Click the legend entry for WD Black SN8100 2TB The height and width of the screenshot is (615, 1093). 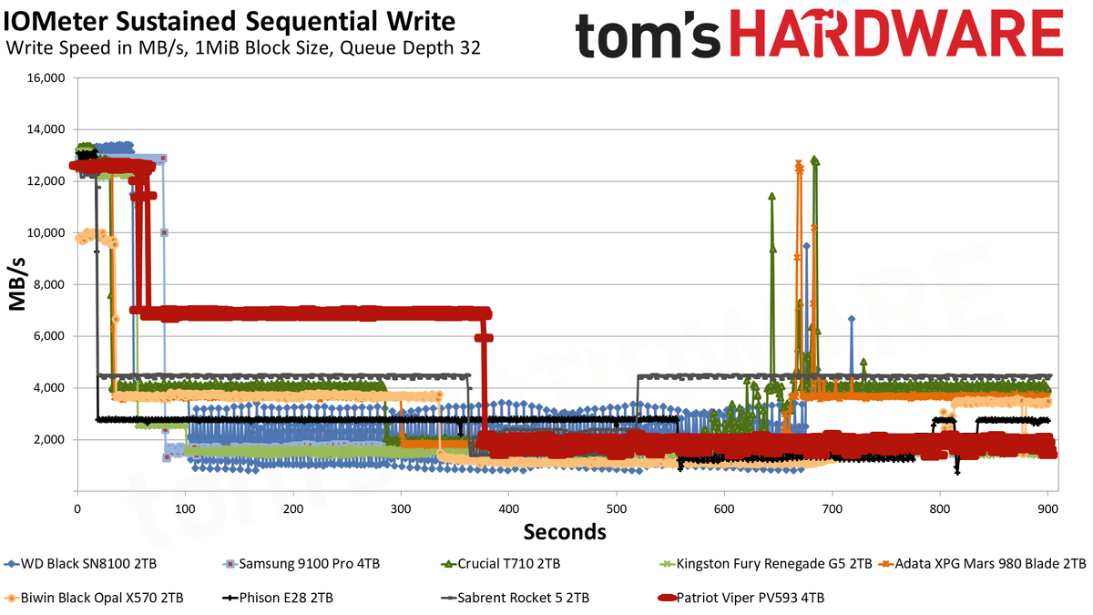pyautogui.click(x=80, y=564)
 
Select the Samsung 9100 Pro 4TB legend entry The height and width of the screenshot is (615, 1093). pyautogui.click(x=301, y=564)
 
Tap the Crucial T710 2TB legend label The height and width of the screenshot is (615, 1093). pyautogui.click(x=500, y=564)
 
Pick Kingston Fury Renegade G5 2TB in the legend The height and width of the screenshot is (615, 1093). pyautogui.click(x=765, y=564)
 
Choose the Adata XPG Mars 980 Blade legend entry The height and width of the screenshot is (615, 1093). pyautogui.click(x=982, y=564)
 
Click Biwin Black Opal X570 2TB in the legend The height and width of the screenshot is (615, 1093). pyautogui.click(x=94, y=598)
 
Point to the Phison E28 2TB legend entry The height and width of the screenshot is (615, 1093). pyautogui.click(x=278, y=598)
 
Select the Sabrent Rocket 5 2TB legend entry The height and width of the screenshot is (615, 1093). pyautogui.click(x=515, y=598)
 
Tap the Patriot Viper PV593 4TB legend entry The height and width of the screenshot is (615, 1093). pyautogui.click(x=741, y=598)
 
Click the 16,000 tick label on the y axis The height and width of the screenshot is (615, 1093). pyautogui.click(x=46, y=78)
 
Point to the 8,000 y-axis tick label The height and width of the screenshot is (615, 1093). pyautogui.click(x=49, y=285)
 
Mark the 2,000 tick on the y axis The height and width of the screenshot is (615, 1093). pyautogui.click(x=49, y=440)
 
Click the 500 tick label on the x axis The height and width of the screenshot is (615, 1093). pyautogui.click(x=617, y=509)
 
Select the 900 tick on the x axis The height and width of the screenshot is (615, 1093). pyautogui.click(x=1047, y=509)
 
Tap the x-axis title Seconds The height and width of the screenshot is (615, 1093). pyautogui.click(x=565, y=532)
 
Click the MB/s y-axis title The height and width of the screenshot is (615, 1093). pyautogui.click(x=17, y=285)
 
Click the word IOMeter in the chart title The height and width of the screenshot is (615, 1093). pyautogui.click(x=56, y=22)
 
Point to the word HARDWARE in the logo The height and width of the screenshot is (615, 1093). pyautogui.click(x=896, y=34)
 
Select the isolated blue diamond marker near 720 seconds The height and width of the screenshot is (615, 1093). pyautogui.click(x=852, y=319)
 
